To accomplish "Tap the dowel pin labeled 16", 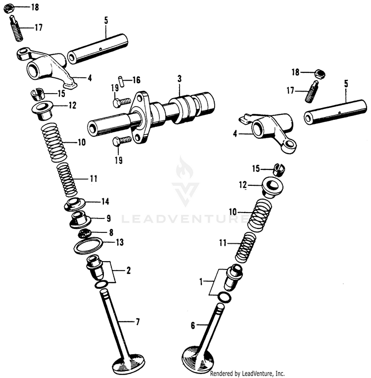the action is tap(120, 80).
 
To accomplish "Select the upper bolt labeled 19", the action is tap(121, 103).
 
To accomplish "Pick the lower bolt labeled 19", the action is tap(121, 141).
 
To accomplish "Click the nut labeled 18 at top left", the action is tap(15, 8).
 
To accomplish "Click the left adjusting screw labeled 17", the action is tap(16, 29).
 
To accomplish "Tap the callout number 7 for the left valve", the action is tap(138, 323).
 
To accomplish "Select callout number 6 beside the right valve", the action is tap(193, 325).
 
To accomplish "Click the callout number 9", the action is tap(108, 217).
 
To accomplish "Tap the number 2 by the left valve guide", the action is tap(128, 270).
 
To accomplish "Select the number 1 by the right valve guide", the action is tap(201, 282).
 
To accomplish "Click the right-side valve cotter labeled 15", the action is tap(280, 170).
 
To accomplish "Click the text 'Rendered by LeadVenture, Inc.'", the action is tap(247, 373).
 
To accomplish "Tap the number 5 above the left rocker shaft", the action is tap(106, 20).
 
